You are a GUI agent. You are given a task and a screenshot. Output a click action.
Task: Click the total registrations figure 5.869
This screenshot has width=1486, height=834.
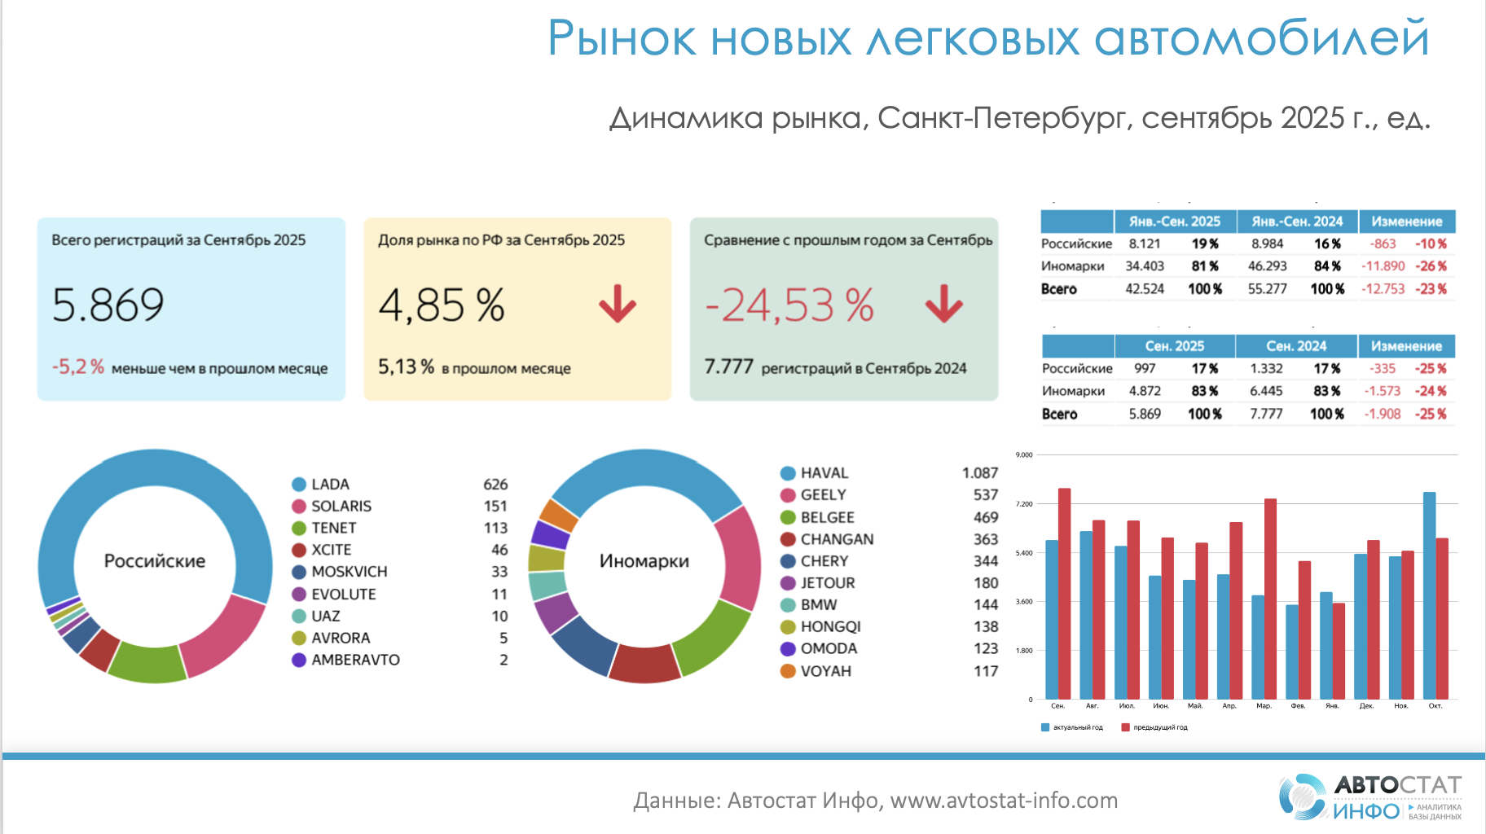108,305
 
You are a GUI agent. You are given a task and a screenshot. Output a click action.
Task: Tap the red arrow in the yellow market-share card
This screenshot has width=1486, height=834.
618,304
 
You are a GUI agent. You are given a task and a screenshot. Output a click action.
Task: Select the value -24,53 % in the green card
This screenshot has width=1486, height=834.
789,305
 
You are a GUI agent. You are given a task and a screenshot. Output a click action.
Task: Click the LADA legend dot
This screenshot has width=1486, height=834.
299,485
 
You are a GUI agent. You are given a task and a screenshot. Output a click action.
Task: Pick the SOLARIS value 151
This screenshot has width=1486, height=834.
495,507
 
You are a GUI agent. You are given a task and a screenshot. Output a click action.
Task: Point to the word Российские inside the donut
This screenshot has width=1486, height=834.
155,561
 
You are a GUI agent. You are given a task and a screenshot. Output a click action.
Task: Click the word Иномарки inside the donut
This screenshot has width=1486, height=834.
644,561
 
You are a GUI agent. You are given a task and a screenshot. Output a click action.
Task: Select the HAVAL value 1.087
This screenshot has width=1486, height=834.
979,473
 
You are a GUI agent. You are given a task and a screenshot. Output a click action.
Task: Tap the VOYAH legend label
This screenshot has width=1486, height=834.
825,671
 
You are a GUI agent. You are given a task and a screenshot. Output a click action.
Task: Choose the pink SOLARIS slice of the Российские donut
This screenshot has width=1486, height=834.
222,635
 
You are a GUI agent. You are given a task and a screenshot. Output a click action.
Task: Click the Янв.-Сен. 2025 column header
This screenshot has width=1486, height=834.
1174,222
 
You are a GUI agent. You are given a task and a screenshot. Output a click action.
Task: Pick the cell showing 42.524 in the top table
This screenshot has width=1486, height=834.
1145,289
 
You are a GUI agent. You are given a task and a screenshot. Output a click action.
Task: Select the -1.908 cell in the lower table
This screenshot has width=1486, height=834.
1383,414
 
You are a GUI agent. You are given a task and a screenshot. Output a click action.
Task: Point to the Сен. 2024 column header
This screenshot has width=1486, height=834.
1296,346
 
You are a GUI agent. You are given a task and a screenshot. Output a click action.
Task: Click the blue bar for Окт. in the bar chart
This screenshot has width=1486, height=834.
1429,595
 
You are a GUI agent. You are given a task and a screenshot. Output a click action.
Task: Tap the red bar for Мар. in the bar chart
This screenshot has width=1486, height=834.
1270,599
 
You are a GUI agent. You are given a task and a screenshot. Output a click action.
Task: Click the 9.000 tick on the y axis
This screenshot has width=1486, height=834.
1024,455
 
